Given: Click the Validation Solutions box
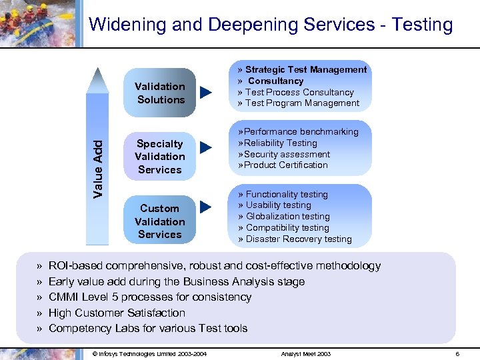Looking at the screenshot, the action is click(160, 93).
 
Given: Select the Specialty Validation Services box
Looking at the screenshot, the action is click(160, 157).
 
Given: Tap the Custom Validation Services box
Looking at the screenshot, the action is click(160, 221).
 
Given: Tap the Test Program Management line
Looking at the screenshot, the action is click(302, 103).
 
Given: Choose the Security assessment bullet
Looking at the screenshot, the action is click(287, 154).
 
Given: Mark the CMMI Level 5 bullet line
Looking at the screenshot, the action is click(150, 297).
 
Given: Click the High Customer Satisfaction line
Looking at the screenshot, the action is click(117, 313).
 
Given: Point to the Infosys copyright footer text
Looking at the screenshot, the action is click(149, 353).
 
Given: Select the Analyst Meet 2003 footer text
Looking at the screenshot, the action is click(306, 353).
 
